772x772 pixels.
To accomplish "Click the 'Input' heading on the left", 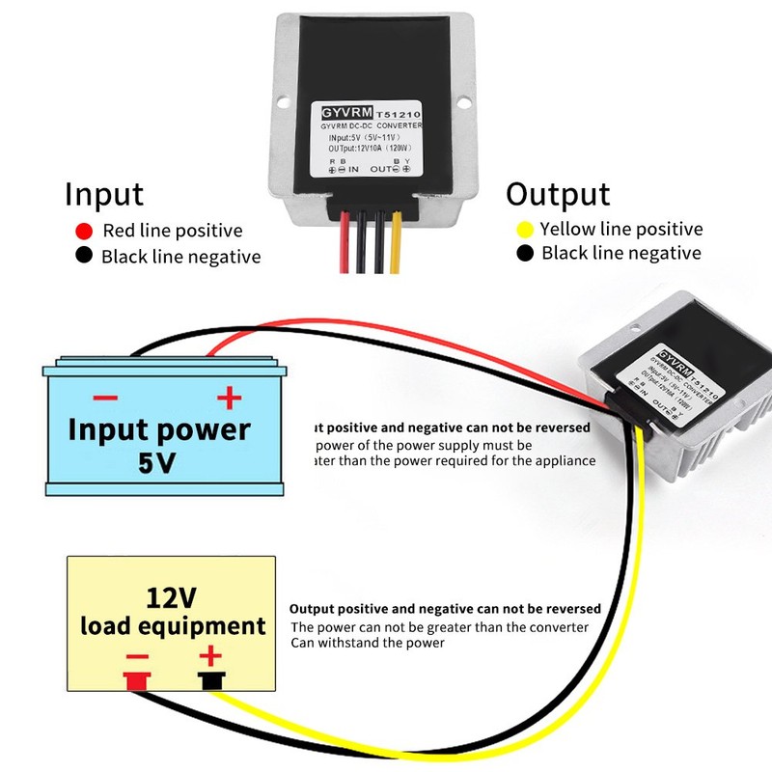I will coord(104,194).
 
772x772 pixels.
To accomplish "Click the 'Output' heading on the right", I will coord(558,194).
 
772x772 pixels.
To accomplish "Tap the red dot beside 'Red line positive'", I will coord(84,231).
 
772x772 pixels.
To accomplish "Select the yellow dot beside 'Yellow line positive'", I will coord(525,230).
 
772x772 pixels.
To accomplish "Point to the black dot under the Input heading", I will coord(84,257).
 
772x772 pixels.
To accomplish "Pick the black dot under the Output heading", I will coord(525,254).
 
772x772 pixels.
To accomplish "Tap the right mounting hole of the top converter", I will coord(465,100).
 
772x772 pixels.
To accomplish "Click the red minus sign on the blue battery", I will coord(105,398).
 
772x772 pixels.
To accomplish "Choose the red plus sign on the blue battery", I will coord(228,398).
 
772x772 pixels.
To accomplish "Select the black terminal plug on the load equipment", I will coord(209,682).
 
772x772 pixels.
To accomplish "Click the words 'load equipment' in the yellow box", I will coord(173,625).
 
